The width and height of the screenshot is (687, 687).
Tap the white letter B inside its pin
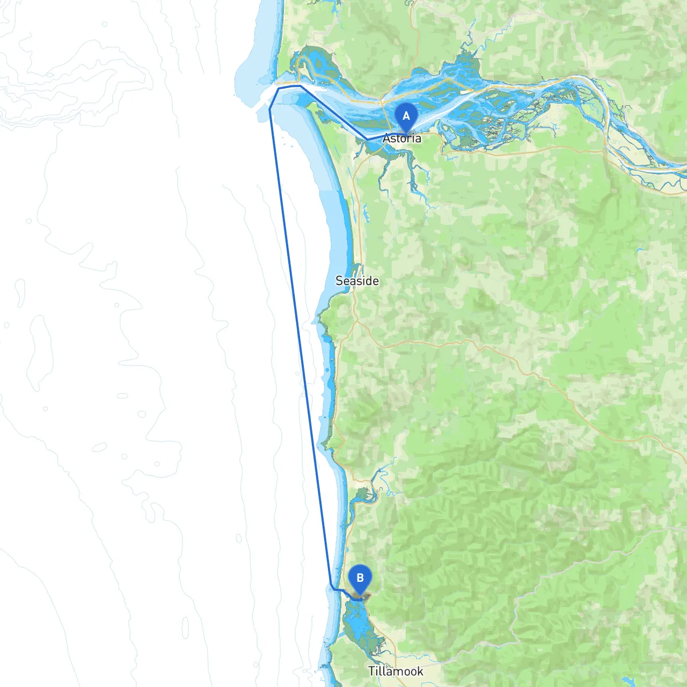click(x=360, y=578)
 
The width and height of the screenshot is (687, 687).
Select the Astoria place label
click(x=402, y=138)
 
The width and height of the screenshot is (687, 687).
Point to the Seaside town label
click(x=357, y=281)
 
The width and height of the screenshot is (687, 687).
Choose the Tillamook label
click(x=396, y=671)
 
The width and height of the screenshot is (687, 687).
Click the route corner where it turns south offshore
click(x=269, y=109)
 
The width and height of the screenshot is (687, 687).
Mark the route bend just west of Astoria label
click(x=368, y=140)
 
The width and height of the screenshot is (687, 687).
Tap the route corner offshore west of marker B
click(x=333, y=589)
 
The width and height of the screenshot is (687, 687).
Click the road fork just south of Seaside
click(x=356, y=320)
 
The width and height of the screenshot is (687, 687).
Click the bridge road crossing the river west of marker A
click(x=382, y=107)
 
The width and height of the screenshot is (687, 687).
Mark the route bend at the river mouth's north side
click(x=299, y=86)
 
